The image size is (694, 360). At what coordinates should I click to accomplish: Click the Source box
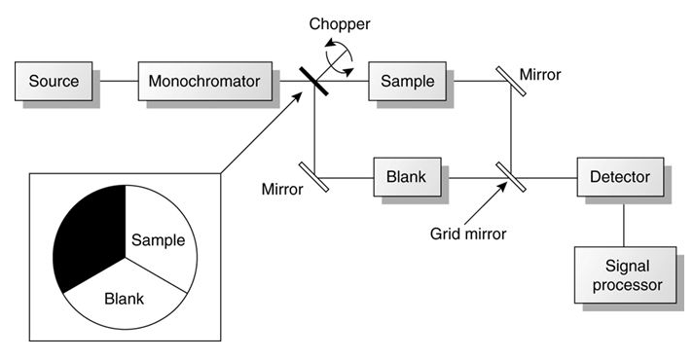point(54,80)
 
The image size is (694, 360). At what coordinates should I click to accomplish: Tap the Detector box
point(619,178)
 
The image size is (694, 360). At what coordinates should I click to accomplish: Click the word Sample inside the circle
point(158,239)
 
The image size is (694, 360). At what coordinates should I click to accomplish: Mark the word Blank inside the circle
point(124,298)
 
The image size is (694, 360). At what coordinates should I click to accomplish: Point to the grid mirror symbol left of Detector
point(509,178)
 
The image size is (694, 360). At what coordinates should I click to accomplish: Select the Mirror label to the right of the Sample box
point(540,75)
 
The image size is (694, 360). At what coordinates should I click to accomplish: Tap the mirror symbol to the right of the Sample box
point(512,80)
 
